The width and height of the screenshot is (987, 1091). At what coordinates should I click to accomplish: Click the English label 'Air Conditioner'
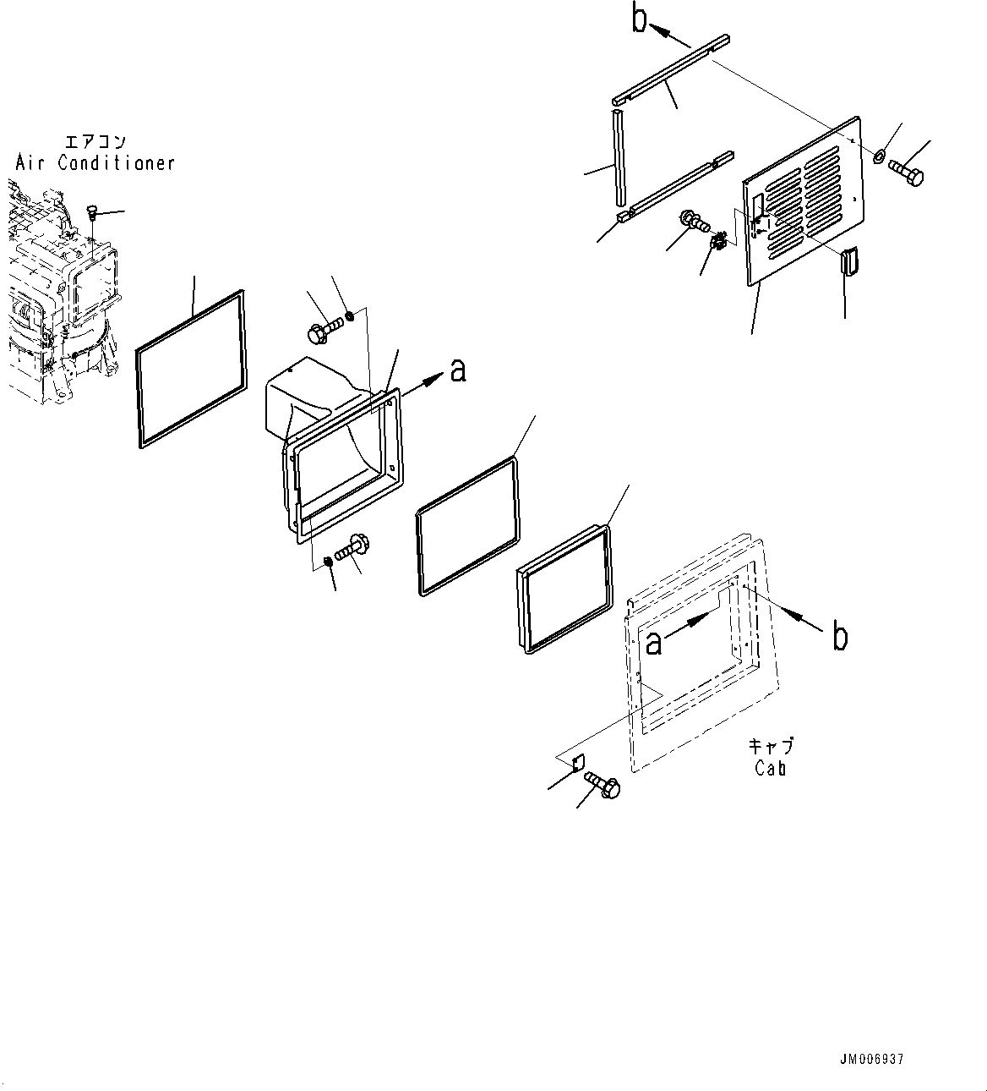coord(95,162)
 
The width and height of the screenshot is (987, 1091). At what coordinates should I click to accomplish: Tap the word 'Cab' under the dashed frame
coord(771,769)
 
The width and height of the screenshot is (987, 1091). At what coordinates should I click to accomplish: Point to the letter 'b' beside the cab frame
coord(839,637)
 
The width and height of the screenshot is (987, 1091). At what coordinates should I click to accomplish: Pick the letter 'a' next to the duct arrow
coord(457,370)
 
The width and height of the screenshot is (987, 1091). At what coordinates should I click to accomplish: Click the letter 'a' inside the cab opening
coord(653,644)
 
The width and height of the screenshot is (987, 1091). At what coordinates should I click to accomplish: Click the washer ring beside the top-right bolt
coord(879,156)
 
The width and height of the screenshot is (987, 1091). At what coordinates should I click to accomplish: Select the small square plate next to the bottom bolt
coord(579,764)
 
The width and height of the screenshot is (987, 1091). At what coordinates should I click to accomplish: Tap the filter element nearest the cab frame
coord(563,589)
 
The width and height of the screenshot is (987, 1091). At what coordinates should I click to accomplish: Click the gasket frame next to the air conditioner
coord(191,369)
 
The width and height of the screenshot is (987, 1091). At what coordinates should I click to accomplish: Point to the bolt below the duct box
coord(353,546)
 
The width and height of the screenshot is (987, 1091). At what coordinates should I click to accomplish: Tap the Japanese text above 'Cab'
coord(771,747)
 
